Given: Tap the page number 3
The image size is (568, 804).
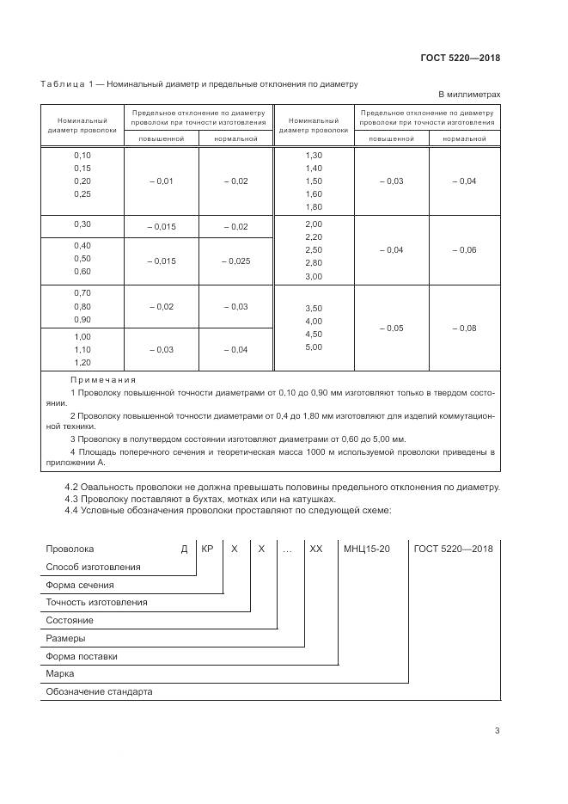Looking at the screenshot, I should click(x=497, y=731).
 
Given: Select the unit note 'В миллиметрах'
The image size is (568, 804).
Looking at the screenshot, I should click(x=469, y=95).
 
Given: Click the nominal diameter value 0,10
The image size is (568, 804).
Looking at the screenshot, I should click(x=82, y=155).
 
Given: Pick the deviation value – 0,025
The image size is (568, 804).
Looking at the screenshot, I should click(x=235, y=261).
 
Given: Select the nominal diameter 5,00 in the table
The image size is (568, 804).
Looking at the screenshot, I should click(x=313, y=347).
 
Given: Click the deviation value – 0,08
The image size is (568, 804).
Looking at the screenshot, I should click(x=464, y=328).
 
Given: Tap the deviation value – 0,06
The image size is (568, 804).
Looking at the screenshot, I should click(x=464, y=249).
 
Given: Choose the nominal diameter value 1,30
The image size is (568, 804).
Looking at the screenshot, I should click(x=313, y=155).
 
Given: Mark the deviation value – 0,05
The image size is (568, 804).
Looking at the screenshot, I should click(x=391, y=328).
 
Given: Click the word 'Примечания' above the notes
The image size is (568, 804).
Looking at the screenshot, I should click(x=103, y=379).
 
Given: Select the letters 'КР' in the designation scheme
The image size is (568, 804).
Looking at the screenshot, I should click(x=207, y=548).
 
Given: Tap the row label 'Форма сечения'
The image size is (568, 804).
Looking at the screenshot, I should click(x=79, y=585).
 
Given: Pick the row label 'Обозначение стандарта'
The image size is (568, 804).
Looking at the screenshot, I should click(x=98, y=691).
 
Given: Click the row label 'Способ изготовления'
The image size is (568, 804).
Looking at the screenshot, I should click(x=93, y=567).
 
